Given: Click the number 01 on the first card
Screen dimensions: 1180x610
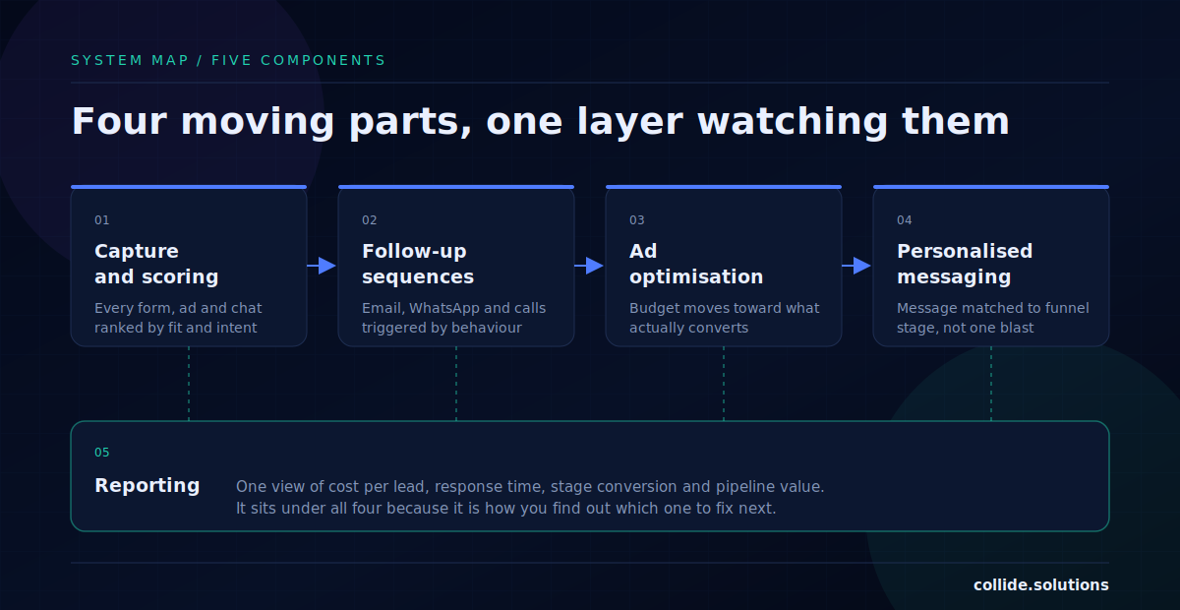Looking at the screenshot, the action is tap(101, 219).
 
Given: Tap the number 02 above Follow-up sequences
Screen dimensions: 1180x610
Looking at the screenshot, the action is tap(370, 219).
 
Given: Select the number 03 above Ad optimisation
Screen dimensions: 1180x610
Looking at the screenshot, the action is tap(637, 219).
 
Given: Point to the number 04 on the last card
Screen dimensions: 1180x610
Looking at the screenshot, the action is tap(905, 219).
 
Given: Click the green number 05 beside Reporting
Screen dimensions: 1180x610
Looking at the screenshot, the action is tap(101, 453).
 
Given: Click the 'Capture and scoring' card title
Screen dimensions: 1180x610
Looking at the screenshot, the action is tap(156, 264).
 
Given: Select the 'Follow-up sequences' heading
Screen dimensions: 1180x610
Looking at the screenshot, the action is tap(418, 264).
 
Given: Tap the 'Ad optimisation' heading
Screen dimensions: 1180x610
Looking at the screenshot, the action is tap(696, 264).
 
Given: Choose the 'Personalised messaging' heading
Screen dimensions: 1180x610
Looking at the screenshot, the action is tap(965, 264).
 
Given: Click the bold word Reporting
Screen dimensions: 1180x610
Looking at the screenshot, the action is tap(147, 486).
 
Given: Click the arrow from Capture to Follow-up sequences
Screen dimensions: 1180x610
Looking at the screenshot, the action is tap(322, 266).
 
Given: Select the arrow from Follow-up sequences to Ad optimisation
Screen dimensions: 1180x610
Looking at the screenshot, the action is tap(589, 266).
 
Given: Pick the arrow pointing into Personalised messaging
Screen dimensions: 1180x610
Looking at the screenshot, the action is tap(856, 266).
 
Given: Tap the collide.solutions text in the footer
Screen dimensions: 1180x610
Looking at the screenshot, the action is tap(1041, 585).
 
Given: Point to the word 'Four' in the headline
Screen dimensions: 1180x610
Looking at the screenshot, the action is tap(120, 122).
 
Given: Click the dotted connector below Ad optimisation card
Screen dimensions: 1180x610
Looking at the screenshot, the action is tap(724, 384).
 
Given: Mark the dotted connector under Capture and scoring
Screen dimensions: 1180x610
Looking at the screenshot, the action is tap(189, 384).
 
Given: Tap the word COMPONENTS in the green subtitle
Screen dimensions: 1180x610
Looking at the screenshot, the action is tap(323, 61).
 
